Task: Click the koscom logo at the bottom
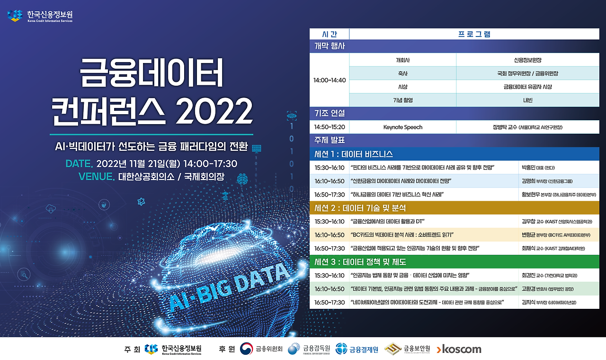click(x=459, y=350)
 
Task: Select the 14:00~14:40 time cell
click(x=330, y=80)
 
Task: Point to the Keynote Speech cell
click(x=402, y=127)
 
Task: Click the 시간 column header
click(x=330, y=34)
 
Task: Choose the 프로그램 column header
click(x=474, y=34)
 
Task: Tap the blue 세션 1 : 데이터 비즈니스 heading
click(x=354, y=154)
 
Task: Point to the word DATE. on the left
click(x=79, y=164)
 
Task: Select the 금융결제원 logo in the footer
click(x=357, y=350)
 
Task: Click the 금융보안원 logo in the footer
click(x=407, y=349)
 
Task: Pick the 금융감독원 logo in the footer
click(x=310, y=349)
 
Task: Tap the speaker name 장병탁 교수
click(x=505, y=127)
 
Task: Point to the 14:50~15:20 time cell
click(x=330, y=127)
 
